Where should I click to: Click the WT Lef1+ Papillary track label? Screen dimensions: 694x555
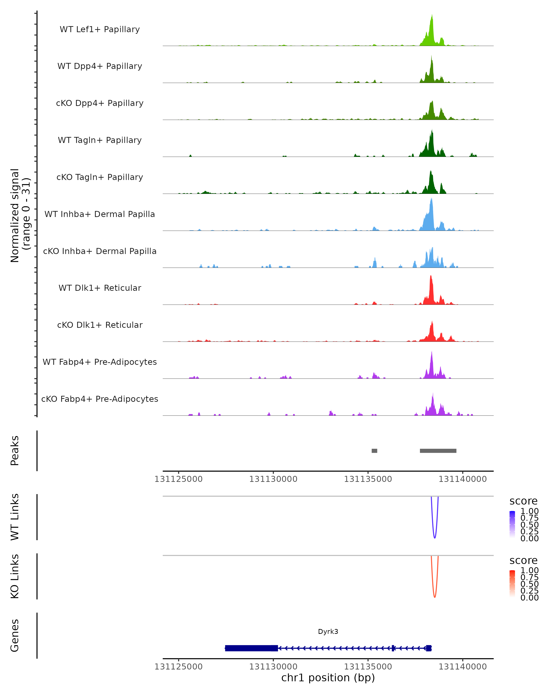[100, 29]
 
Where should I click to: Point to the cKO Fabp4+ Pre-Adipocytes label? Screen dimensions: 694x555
[100, 399]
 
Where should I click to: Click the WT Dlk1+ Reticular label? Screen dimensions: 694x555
[100, 288]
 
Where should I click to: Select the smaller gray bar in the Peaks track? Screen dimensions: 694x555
[374, 451]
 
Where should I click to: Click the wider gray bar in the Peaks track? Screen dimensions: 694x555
[438, 451]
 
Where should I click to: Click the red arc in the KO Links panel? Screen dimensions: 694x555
[435, 596]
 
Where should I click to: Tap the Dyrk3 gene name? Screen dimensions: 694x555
[328, 632]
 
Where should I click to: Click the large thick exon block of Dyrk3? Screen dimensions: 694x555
[251, 648]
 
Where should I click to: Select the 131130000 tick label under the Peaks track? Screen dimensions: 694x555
[273, 479]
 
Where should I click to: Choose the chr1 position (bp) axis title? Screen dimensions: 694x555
[328, 678]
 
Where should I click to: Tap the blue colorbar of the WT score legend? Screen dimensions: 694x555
[512, 524]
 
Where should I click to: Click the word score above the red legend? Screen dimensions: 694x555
[523, 561]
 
